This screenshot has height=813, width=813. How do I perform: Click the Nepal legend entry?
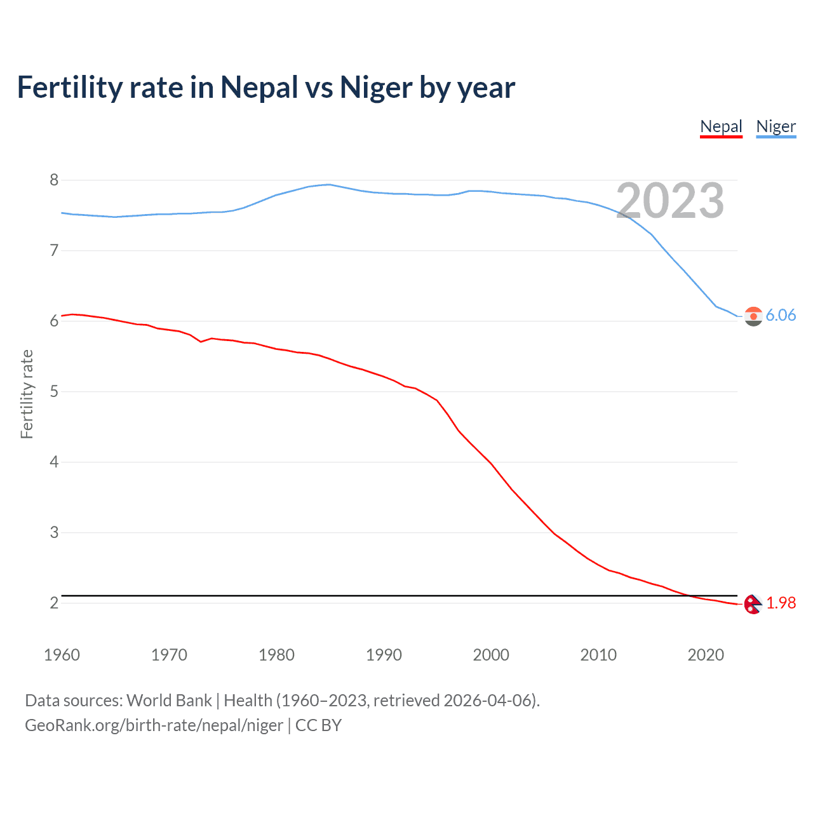[x=721, y=126]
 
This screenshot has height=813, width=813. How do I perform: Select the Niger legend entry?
[x=776, y=126]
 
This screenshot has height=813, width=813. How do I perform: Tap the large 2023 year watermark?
[x=670, y=201]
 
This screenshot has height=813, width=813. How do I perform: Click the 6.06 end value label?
[x=781, y=316]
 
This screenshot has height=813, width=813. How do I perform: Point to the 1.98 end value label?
[x=781, y=603]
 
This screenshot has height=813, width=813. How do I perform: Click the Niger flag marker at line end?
[x=753, y=316]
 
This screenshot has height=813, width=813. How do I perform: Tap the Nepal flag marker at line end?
[x=753, y=604]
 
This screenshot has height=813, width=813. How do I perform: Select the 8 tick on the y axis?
[x=54, y=180]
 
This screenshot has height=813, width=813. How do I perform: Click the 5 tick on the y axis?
[x=54, y=392]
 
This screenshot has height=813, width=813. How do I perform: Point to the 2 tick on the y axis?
[x=54, y=603]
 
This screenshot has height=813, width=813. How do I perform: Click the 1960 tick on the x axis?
[x=62, y=655]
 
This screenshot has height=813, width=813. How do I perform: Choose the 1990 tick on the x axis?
[x=384, y=655]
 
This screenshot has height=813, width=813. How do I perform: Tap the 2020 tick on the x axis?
[x=706, y=655]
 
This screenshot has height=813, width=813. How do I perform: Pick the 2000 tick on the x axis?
[x=491, y=655]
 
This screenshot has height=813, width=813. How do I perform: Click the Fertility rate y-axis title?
[x=27, y=394]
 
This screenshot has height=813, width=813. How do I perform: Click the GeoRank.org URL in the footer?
[x=154, y=725]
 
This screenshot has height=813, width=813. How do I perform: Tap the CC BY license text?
[x=318, y=725]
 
